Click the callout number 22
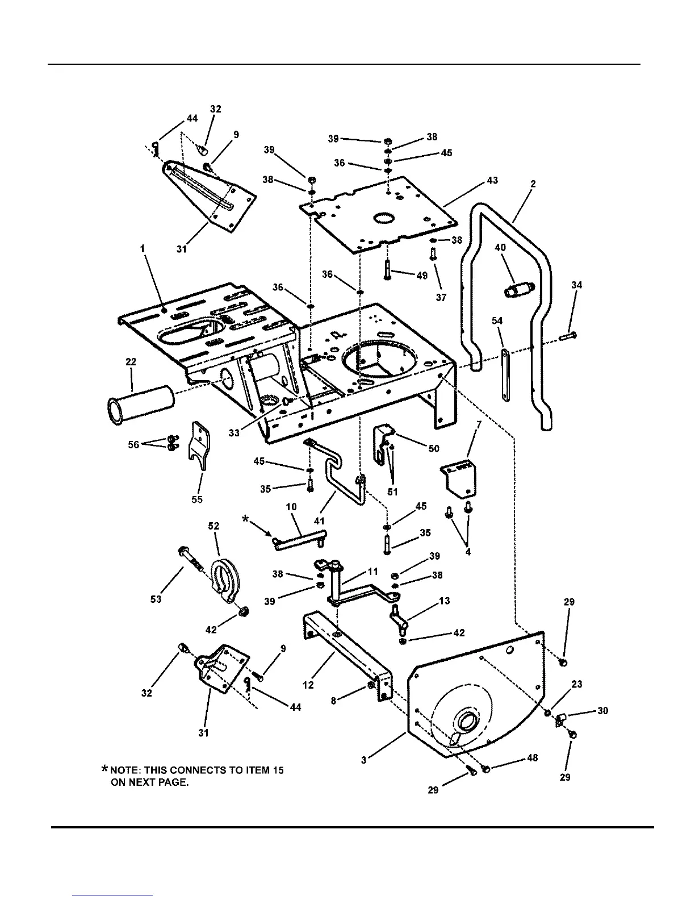(x=131, y=362)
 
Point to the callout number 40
(x=500, y=248)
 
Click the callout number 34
(x=576, y=285)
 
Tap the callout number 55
(x=196, y=499)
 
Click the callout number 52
(x=213, y=526)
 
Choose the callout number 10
(x=291, y=506)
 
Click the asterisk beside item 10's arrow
(x=245, y=519)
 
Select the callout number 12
(x=308, y=685)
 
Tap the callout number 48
(x=532, y=757)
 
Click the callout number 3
(x=363, y=760)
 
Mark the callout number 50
(x=433, y=448)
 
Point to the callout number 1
(x=143, y=248)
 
